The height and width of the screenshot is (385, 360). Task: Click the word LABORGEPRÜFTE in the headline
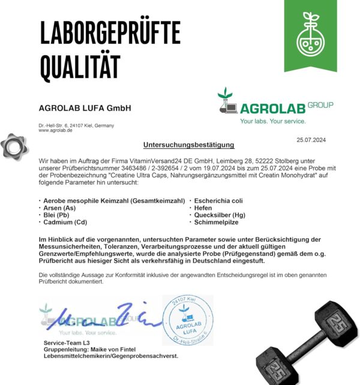tap(110, 32)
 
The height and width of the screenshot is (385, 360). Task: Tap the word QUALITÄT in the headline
tap(80, 67)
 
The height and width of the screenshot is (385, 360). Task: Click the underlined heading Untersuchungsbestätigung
tap(188, 145)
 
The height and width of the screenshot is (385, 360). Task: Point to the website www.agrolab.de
tap(56, 130)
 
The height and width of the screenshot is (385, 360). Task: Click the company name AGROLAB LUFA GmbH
tap(85, 108)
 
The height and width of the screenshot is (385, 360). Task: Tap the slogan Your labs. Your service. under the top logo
tap(273, 121)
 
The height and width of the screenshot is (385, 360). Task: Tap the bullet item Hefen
tap(203, 207)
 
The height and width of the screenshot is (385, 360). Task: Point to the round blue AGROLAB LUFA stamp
tap(188, 320)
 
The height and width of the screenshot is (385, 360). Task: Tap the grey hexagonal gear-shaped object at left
tap(13, 146)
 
